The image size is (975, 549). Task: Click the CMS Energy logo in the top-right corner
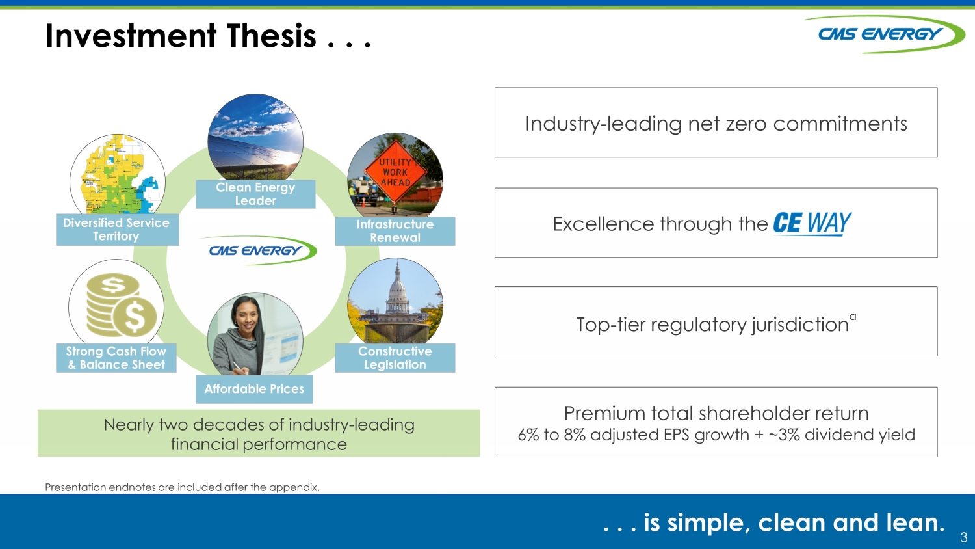(x=883, y=34)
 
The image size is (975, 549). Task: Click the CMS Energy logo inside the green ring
(x=259, y=250)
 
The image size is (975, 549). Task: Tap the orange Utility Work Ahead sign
(x=395, y=172)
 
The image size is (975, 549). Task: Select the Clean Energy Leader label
(x=255, y=194)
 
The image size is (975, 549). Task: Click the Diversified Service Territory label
(x=117, y=229)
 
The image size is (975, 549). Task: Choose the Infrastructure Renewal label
(x=395, y=231)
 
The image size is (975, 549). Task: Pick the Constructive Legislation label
(x=395, y=358)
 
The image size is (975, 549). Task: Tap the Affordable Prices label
(x=254, y=388)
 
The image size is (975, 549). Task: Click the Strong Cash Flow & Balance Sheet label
(x=116, y=358)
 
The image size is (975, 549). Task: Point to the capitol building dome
(x=396, y=288)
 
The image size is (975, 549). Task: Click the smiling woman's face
(x=246, y=317)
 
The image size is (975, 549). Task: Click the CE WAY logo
(x=812, y=224)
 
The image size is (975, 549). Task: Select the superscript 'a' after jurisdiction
(x=853, y=317)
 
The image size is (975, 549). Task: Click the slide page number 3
(x=964, y=537)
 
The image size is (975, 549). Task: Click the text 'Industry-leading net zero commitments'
(x=716, y=124)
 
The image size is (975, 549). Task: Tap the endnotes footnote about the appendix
(x=183, y=487)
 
